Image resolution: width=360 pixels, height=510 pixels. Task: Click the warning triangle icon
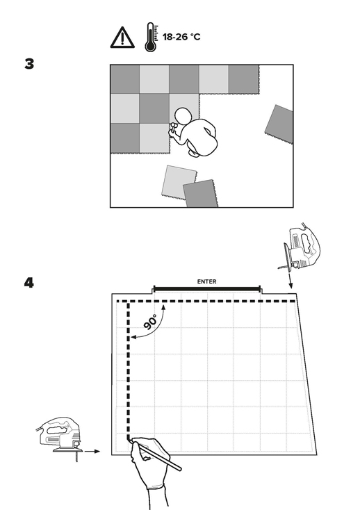coord(122,38)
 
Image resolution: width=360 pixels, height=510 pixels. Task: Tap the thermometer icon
coord(151,37)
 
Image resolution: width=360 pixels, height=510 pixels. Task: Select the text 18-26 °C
coord(181,37)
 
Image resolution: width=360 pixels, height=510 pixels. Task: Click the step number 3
coord(29,64)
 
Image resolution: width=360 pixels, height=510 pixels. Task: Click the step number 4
coord(29,283)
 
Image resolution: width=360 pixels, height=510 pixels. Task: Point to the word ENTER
coord(206,281)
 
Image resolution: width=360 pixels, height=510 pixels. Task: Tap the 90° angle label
coord(150,322)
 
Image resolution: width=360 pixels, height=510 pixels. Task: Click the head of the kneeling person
coord(181,116)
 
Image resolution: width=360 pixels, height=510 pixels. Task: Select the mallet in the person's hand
coord(172,127)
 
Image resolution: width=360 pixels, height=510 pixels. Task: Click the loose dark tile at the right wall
coord(279,124)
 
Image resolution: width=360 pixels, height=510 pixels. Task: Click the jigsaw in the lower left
coord(58,438)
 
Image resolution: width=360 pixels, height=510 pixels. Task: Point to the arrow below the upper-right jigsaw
coord(290,281)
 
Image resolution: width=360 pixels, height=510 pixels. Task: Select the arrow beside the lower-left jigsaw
coord(92,451)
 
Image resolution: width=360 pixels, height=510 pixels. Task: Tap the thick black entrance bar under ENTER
coord(207,288)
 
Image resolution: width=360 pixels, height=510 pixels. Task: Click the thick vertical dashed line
coord(129,371)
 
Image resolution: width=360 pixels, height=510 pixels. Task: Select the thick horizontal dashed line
coord(206,301)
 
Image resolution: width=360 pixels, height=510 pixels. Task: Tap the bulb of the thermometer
coord(150,47)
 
